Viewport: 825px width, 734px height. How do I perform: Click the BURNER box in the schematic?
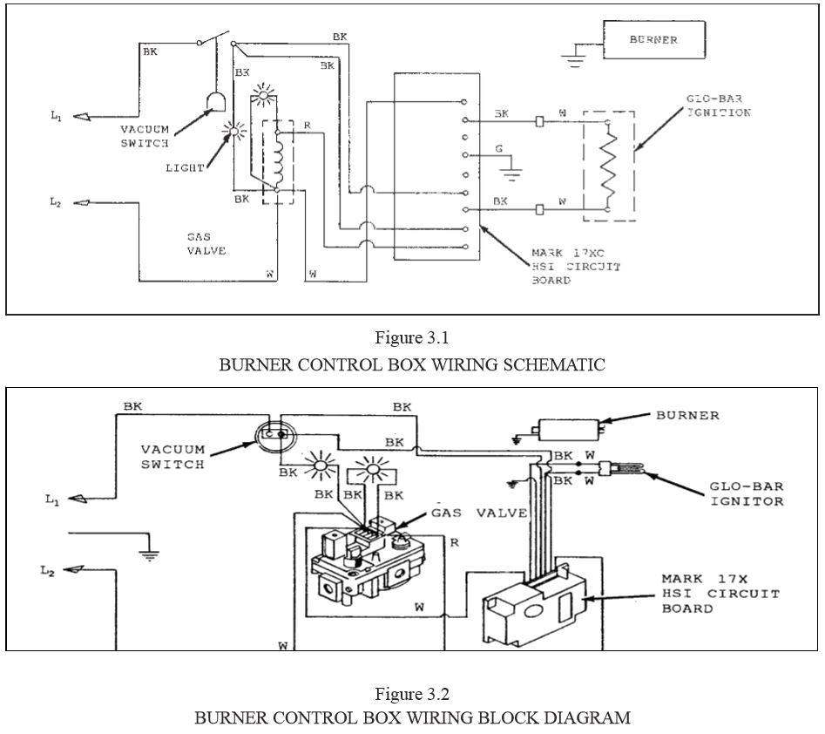click(653, 40)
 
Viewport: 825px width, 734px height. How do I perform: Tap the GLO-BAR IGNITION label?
click(719, 106)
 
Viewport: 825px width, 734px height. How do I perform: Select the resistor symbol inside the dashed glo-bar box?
click(607, 167)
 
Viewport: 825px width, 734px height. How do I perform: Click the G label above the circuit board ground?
click(499, 149)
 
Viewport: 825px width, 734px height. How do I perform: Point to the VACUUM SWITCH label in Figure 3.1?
click(145, 136)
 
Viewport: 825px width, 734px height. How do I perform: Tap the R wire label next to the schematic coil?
click(307, 126)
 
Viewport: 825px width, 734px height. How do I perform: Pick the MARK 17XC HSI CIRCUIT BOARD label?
click(576, 268)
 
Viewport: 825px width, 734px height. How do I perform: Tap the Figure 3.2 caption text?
click(412, 694)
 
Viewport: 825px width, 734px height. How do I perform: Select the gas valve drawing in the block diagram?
click(362, 561)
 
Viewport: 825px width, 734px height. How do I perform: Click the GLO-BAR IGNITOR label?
click(747, 493)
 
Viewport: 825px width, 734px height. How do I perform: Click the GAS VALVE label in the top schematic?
click(206, 243)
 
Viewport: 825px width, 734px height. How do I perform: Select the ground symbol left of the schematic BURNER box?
click(572, 58)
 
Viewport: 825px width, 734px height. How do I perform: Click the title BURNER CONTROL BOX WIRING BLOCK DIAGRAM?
click(412, 718)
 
